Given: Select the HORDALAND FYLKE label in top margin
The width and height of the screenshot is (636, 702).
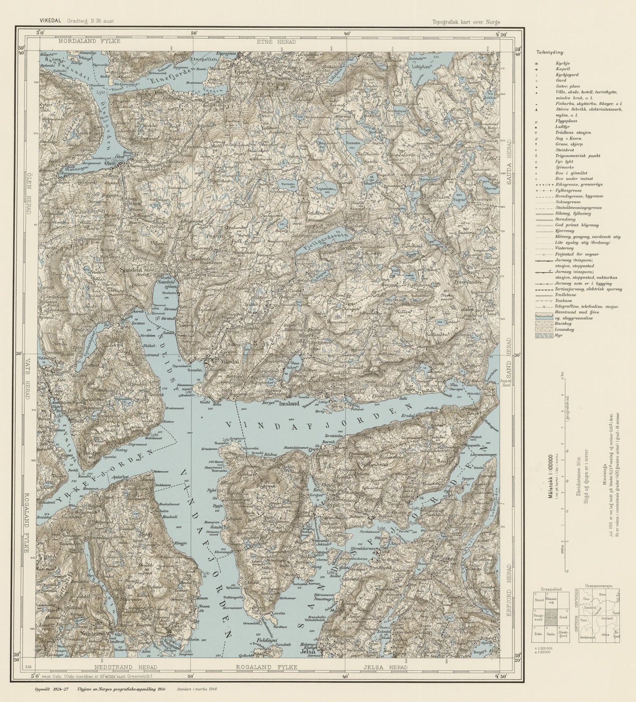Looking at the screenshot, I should [x=88, y=41].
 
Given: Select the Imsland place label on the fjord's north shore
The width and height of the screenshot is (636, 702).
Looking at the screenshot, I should [x=288, y=403].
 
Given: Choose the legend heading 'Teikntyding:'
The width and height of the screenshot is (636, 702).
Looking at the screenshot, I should [x=548, y=52].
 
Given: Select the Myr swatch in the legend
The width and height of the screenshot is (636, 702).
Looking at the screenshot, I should [x=541, y=336].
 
